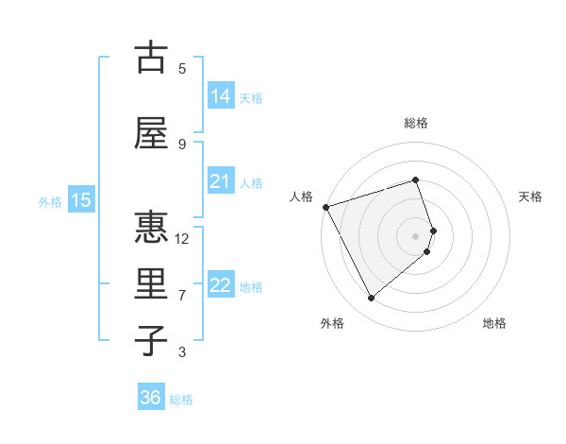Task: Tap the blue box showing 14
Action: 220,95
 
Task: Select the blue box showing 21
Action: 220,181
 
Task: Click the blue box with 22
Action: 220,285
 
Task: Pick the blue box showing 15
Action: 80,200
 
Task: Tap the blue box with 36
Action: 151,398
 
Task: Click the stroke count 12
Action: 182,238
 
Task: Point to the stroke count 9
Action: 182,144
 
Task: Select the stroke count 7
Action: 182,295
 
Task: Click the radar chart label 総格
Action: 415,123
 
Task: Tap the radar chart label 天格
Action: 530,196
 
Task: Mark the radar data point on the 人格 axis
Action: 325,207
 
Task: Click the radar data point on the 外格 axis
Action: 371,299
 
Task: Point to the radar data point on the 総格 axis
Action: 415,179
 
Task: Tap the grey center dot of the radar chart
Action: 415,235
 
